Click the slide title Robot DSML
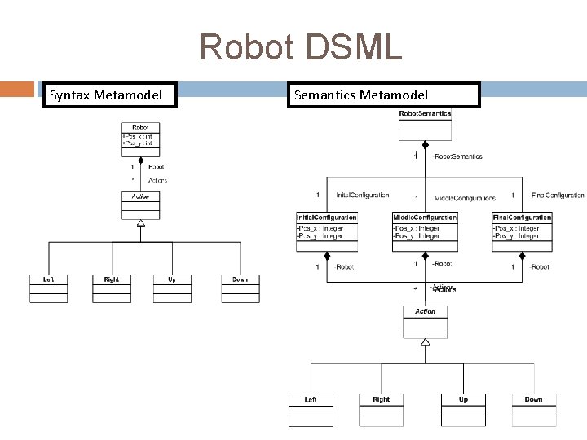pyautogui.click(x=300, y=48)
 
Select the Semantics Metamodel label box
pyautogui.click(x=382, y=95)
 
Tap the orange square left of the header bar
pyautogui.click(x=16, y=87)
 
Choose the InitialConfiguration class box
pyautogui.click(x=326, y=231)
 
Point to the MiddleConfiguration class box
pyautogui.click(x=424, y=231)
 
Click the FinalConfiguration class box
pyautogui.click(x=522, y=231)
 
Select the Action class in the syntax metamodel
pyautogui.click(x=140, y=205)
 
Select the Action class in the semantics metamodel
pyautogui.click(x=425, y=321)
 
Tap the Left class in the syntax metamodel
pyautogui.click(x=49, y=288)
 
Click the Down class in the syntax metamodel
pyautogui.click(x=241, y=288)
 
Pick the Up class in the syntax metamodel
pyautogui.click(x=172, y=288)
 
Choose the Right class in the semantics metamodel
pyautogui.click(x=381, y=409)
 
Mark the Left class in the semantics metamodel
pyautogui.click(x=311, y=409)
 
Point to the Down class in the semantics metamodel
pyautogui.click(x=534, y=409)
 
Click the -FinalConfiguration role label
pyautogui.click(x=556, y=196)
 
